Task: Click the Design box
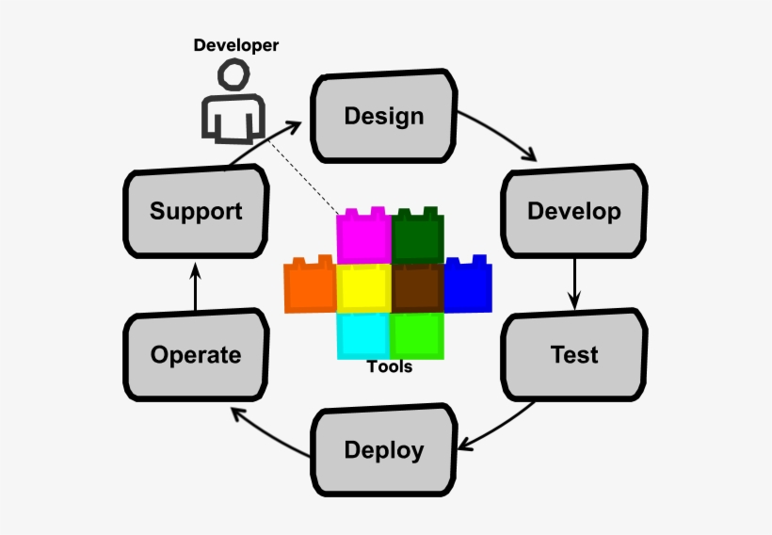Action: (383, 117)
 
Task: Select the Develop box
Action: (573, 211)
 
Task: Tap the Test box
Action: (574, 355)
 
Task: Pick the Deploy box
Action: (383, 450)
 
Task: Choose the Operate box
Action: (196, 355)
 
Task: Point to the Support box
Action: (196, 211)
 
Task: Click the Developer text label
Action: (236, 44)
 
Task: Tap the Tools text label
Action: (390, 366)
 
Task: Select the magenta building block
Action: (363, 236)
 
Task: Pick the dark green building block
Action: (417, 236)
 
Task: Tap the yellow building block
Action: (363, 288)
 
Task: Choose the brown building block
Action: (417, 288)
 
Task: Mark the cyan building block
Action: (363, 335)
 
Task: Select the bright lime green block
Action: (417, 335)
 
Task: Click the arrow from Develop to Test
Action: (574, 282)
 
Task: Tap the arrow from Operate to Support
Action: (196, 287)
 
